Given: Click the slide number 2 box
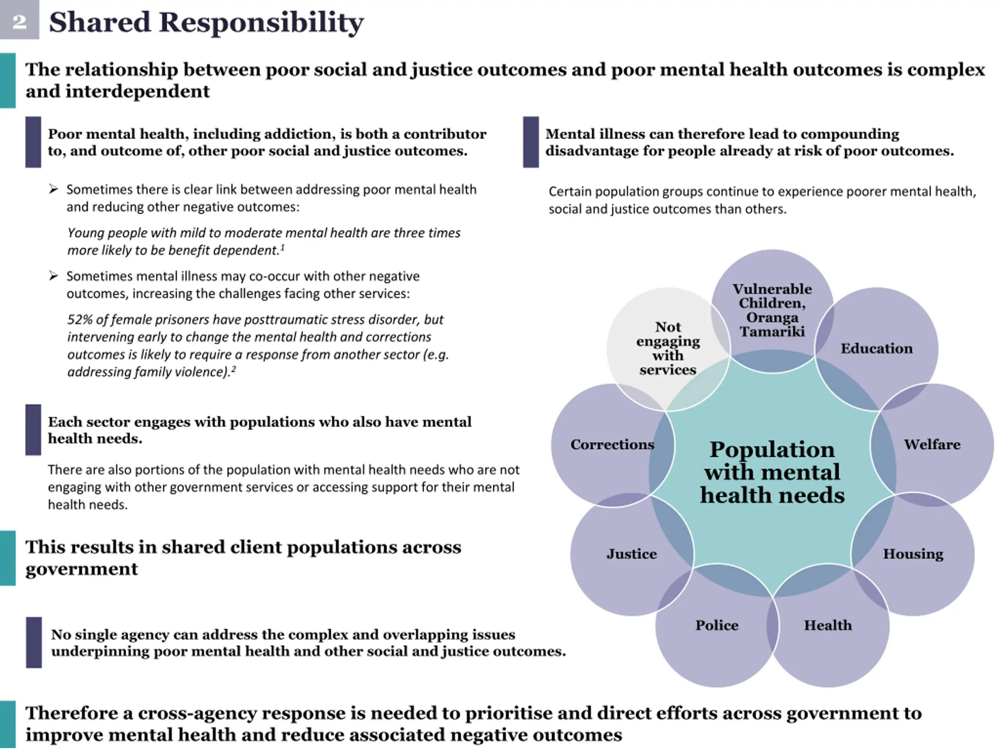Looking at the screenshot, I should point(19,20).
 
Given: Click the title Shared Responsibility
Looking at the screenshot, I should point(206,22).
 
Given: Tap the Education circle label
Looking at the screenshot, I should point(876,348).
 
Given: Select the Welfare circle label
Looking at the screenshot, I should point(932,445).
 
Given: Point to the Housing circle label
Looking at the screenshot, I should point(913,554).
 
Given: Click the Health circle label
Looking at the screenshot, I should point(827,625).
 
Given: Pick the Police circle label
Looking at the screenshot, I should point(716,625).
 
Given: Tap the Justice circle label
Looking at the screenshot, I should point(632,554).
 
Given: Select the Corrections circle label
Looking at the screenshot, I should point(612,445).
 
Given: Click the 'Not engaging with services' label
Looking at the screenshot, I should point(668,348).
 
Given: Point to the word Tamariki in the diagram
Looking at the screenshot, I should point(772,332).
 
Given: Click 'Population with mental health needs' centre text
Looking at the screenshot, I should point(772,472).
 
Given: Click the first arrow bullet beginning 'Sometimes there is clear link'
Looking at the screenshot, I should point(54,189).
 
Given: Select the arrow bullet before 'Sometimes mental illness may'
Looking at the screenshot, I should point(54,276).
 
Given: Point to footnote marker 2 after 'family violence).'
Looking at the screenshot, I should point(233,369).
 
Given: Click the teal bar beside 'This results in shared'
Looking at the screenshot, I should point(8,558).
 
